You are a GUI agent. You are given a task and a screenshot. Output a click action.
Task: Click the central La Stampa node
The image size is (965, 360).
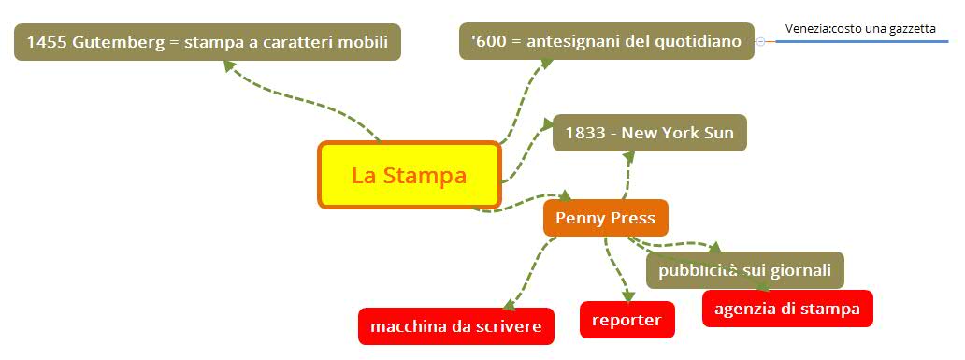(x=410, y=175)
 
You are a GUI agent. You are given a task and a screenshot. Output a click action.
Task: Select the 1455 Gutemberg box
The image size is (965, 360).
(x=207, y=42)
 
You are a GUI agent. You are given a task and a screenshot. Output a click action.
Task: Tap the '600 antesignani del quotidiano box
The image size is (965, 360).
(x=606, y=41)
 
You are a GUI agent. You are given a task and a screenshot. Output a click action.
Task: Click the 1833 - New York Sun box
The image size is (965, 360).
(x=649, y=133)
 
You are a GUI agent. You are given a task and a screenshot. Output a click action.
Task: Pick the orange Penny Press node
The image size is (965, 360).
(x=605, y=218)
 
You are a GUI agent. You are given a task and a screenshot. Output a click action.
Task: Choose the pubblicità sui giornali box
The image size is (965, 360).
(x=744, y=270)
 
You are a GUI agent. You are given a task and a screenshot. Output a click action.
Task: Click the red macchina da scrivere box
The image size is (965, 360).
(x=455, y=326)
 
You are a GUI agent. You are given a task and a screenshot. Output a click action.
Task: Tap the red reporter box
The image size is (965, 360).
(x=627, y=320)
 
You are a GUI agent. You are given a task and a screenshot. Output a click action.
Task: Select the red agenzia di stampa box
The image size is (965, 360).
(x=786, y=309)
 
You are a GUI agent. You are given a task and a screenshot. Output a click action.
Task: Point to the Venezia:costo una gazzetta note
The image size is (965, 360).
(x=859, y=28)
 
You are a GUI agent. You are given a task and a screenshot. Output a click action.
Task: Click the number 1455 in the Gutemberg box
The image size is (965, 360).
(x=46, y=42)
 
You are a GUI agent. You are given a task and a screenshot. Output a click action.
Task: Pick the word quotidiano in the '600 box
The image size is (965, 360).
(x=699, y=41)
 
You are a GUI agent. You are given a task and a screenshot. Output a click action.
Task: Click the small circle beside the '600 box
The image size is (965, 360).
(x=761, y=42)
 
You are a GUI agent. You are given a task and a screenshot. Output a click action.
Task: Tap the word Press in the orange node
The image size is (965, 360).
(x=633, y=218)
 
